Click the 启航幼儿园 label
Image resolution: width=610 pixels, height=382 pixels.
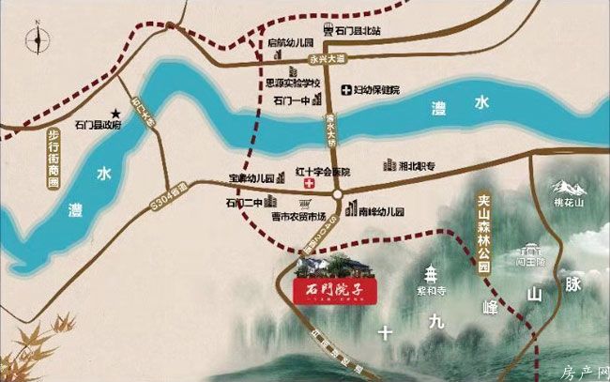coord(289,43)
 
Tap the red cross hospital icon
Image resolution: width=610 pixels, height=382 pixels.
coord(306,187)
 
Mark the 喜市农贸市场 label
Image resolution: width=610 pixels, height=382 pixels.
coord(296,218)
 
